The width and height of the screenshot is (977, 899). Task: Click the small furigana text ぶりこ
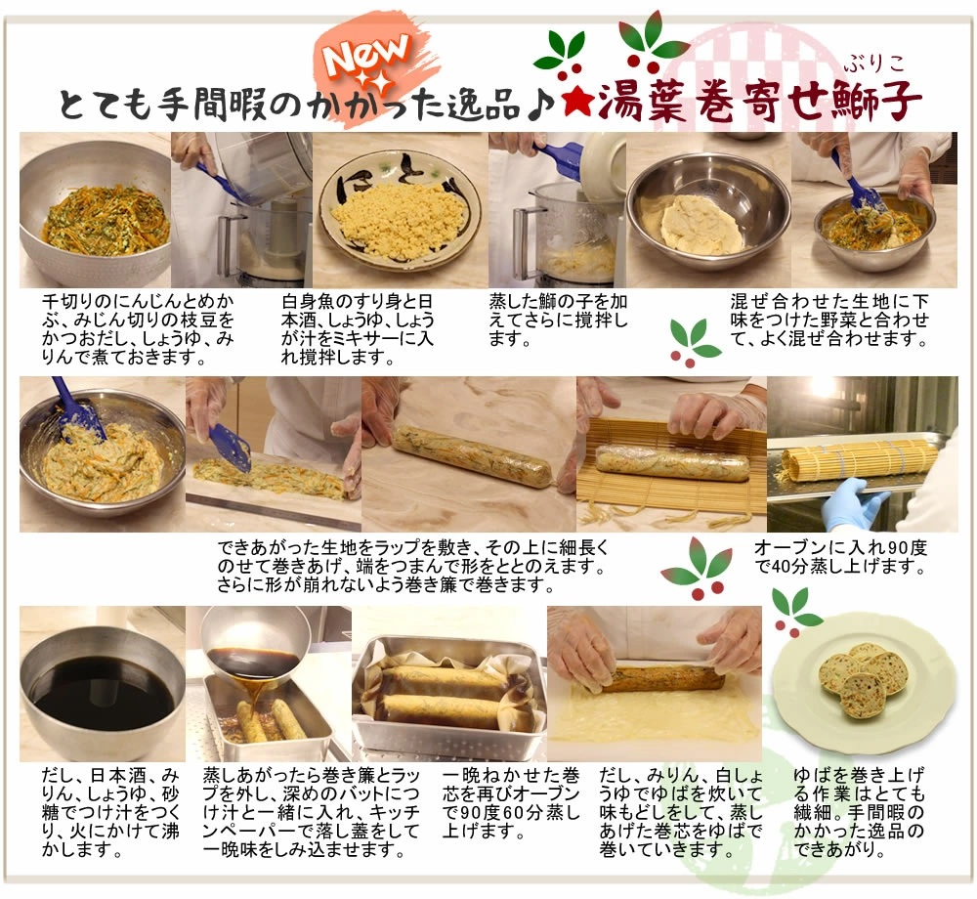[874, 64]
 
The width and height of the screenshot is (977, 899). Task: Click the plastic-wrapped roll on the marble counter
[472, 455]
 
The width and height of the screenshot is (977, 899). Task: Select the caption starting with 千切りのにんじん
[138, 329]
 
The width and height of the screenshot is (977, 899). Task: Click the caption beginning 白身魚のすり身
[358, 329]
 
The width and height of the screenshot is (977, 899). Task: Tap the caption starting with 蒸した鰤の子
[558, 321]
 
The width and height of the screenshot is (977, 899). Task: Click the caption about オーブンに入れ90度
[840, 557]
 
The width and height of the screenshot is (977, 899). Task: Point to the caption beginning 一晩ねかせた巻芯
[511, 803]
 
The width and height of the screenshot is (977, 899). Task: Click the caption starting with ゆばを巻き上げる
[859, 812]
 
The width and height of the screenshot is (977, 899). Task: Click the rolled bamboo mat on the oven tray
[859, 461]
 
